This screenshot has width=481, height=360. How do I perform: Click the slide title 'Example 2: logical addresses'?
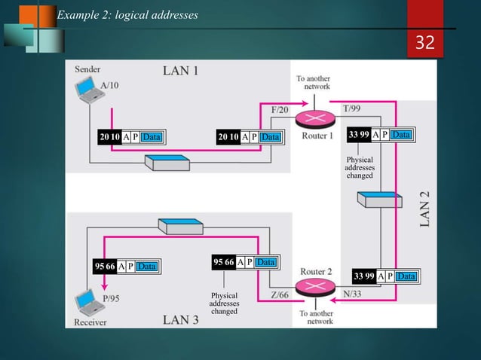127,15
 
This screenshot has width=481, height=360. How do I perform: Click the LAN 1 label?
181,72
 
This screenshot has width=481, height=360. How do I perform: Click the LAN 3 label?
181,320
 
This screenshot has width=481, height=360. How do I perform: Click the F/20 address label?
279,110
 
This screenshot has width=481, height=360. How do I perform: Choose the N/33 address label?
351,295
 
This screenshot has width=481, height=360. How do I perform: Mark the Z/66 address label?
278,295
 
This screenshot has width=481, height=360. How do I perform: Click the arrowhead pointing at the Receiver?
103,287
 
